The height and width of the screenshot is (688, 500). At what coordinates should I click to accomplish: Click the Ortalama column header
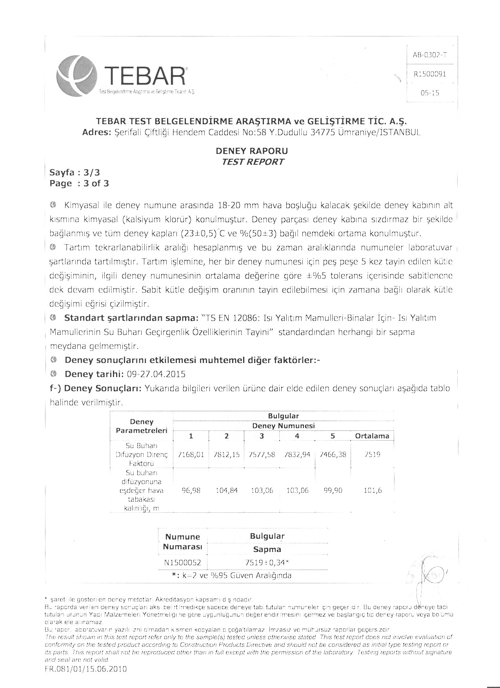click(x=372, y=436)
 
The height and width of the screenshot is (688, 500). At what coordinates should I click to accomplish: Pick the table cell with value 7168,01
click(x=191, y=455)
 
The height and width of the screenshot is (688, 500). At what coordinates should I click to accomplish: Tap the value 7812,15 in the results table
click(x=226, y=455)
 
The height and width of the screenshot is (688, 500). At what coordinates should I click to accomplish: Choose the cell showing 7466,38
click(x=333, y=455)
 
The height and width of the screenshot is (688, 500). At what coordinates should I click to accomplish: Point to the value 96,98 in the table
click(x=191, y=490)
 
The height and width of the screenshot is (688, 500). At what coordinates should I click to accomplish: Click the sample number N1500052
click(x=182, y=563)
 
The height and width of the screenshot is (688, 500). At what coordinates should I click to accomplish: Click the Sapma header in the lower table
click(x=267, y=549)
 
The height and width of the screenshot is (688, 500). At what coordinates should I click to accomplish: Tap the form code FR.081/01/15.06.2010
click(x=86, y=669)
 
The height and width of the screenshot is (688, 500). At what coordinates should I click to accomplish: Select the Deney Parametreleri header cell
click(x=142, y=426)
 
